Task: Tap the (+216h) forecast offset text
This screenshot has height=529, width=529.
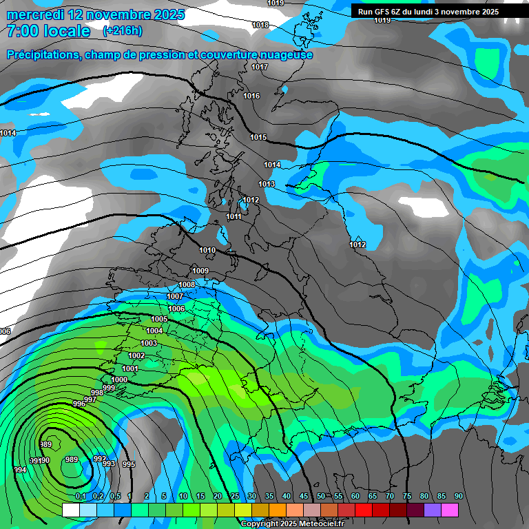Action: pyautogui.click(x=123, y=30)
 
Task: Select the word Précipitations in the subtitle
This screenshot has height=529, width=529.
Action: pyautogui.click(x=43, y=54)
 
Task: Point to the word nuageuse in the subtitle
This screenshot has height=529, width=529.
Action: pyautogui.click(x=286, y=54)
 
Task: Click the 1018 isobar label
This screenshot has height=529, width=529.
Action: pyautogui.click(x=260, y=25)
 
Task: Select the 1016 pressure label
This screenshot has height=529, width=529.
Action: pyautogui.click(x=251, y=96)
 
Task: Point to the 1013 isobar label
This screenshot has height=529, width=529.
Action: pyautogui.click(x=267, y=184)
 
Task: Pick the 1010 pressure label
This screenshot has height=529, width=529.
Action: pyautogui.click(x=207, y=250)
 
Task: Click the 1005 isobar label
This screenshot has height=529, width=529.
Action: pyautogui.click(x=159, y=319)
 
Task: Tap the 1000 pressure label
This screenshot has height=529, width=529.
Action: pyautogui.click(x=119, y=380)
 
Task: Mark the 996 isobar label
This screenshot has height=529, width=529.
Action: pyautogui.click(x=79, y=404)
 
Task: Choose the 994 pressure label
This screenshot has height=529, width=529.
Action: pyautogui.click(x=20, y=470)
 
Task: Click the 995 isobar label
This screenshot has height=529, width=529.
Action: pyautogui.click(x=128, y=464)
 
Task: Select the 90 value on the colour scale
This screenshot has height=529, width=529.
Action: pyautogui.click(x=458, y=496)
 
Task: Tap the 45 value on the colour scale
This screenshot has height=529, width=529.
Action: pyautogui.click(x=303, y=496)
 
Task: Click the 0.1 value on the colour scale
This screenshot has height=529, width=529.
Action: pyautogui.click(x=80, y=496)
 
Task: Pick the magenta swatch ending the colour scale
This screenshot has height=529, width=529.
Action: pyautogui.click(x=449, y=510)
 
